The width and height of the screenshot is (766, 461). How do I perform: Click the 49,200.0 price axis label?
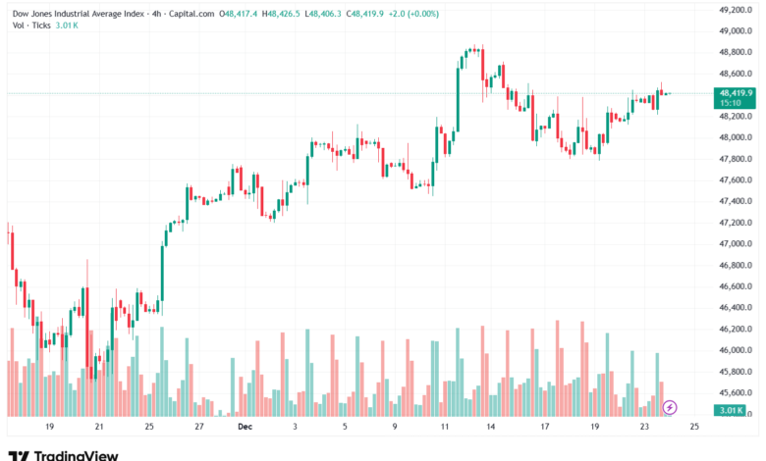tap(736, 10)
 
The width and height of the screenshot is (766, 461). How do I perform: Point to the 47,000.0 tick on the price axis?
tap(736, 243)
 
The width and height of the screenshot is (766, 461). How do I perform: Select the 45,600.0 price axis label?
tap(736, 392)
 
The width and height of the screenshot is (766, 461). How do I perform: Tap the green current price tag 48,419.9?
tap(736, 93)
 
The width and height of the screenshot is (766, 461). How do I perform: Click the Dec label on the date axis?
tap(244, 428)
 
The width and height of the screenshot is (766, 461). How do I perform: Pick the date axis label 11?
tap(445, 428)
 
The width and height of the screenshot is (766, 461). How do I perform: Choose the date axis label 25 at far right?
tap(694, 428)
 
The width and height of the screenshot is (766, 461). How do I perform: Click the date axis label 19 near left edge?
tap(48, 428)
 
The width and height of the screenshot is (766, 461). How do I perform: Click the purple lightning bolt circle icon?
tap(670, 406)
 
